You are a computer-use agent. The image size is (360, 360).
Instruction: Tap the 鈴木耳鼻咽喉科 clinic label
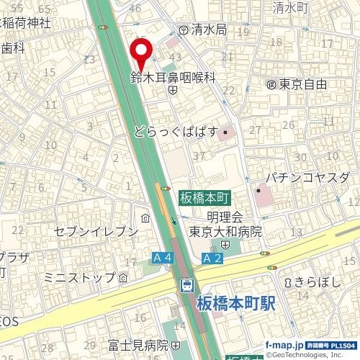[173, 78]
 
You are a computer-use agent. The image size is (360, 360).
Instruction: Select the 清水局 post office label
[209, 30]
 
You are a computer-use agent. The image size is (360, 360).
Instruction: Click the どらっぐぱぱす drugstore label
[176, 132]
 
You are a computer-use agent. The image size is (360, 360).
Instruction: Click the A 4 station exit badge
[163, 257]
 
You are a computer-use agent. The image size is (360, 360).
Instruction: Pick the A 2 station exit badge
[211, 258]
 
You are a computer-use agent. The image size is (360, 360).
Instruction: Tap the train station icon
[187, 284]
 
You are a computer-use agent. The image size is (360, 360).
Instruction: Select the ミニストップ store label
[80, 277]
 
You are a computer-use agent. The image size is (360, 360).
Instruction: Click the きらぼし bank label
[316, 282]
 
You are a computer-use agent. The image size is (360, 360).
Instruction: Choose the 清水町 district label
[291, 8]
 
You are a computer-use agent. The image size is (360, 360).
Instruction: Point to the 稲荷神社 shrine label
[26, 22]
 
